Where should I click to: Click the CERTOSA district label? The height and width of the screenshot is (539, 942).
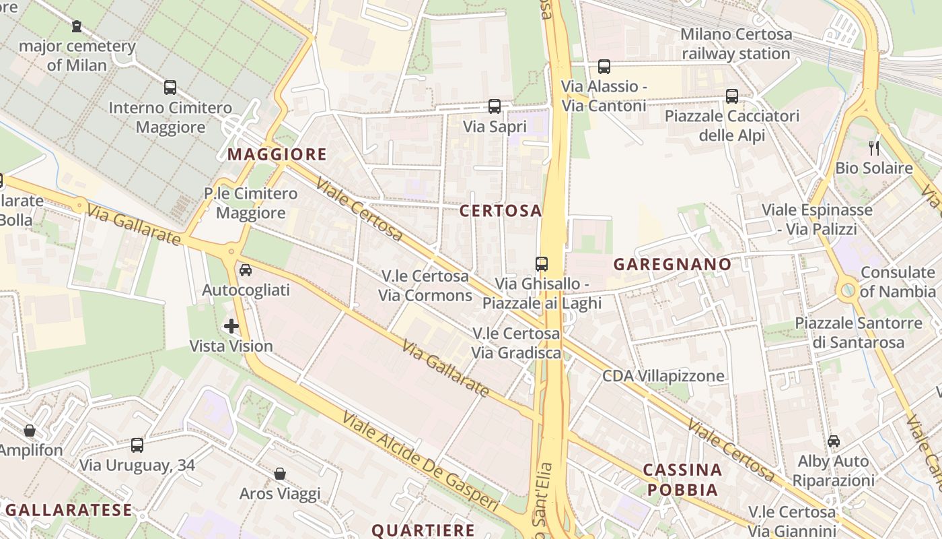point(501,211)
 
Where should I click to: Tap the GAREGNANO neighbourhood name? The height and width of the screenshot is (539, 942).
point(672,264)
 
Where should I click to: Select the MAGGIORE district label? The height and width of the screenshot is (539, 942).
point(277,154)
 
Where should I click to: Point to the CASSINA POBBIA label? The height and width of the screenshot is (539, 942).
point(682,480)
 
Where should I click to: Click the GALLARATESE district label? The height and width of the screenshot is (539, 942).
point(69,510)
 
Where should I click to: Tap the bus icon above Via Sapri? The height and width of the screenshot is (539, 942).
point(495,106)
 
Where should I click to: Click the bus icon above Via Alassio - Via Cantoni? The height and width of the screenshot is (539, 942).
point(604,67)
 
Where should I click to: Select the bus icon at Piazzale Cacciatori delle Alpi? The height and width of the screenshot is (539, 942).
point(732,96)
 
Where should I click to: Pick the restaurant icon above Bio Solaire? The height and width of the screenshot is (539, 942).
point(874,148)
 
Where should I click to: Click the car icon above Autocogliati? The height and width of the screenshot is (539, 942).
point(246,270)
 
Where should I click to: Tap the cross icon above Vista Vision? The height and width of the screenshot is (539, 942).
point(231,327)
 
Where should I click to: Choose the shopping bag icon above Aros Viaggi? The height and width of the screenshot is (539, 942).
point(280,474)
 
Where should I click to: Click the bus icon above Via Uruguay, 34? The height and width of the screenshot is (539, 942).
point(137,445)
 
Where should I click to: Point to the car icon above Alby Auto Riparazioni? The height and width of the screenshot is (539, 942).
point(834,441)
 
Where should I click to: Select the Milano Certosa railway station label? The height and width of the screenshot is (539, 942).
point(735,44)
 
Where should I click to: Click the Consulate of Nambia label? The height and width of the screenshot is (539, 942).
point(898,282)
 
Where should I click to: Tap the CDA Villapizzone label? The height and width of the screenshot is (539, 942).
point(663,375)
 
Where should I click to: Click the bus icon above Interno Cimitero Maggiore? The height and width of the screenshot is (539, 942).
point(170,88)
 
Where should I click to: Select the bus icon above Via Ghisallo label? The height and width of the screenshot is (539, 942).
point(542,264)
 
